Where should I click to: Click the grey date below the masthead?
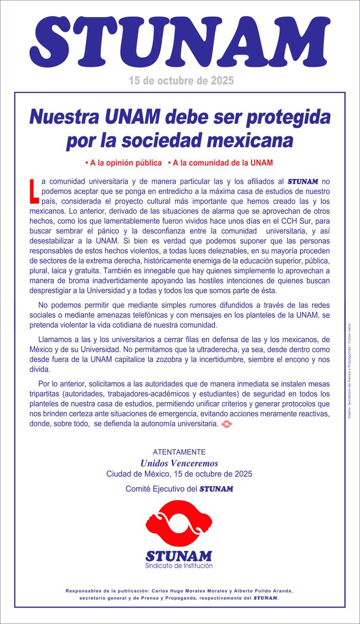[x=181, y=80]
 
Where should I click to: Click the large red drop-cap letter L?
[x=33, y=190]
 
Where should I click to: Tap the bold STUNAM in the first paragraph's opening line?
[x=303, y=181]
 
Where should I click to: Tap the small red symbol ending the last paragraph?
[x=227, y=425]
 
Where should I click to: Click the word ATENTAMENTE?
[x=179, y=452]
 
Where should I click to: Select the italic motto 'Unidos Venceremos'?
[x=179, y=463]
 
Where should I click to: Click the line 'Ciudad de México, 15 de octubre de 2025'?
[x=179, y=474]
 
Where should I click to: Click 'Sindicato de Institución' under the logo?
[x=179, y=566]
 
